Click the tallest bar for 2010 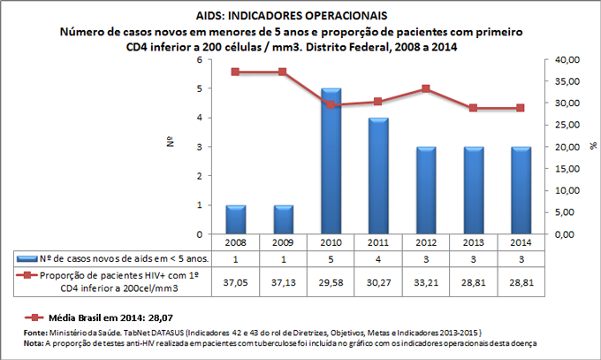(x=331, y=161)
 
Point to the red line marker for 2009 (x=282, y=72)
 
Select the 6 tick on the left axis (x=199, y=59)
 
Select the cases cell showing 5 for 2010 (x=331, y=258)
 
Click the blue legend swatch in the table (x=30, y=258)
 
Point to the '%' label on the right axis (x=593, y=142)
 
